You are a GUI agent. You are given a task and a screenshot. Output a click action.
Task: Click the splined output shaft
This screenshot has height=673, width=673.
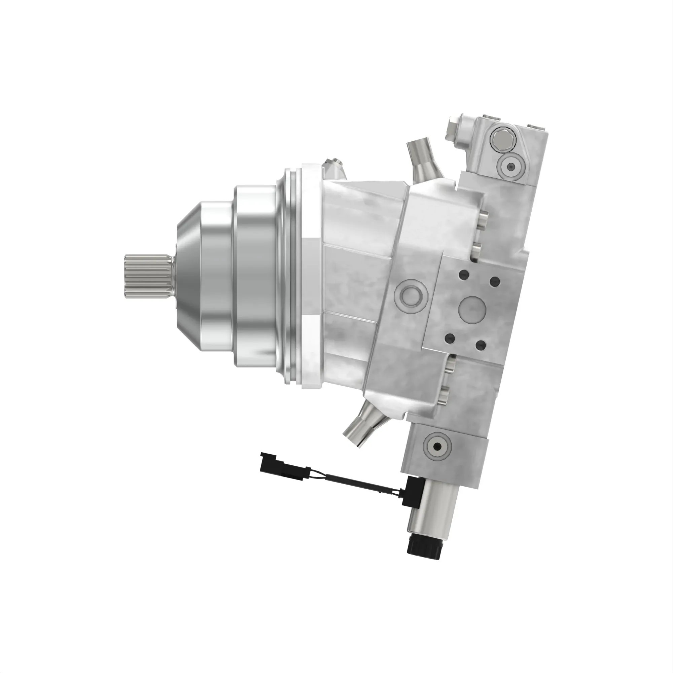coord(148,276)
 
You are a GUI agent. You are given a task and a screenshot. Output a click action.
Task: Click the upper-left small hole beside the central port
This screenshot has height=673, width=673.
coord(463,275)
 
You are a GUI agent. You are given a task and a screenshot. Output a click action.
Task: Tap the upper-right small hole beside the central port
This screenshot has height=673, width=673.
coord(495,280)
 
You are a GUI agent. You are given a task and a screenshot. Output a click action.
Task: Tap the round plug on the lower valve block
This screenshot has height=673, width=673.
coord(437,447)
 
